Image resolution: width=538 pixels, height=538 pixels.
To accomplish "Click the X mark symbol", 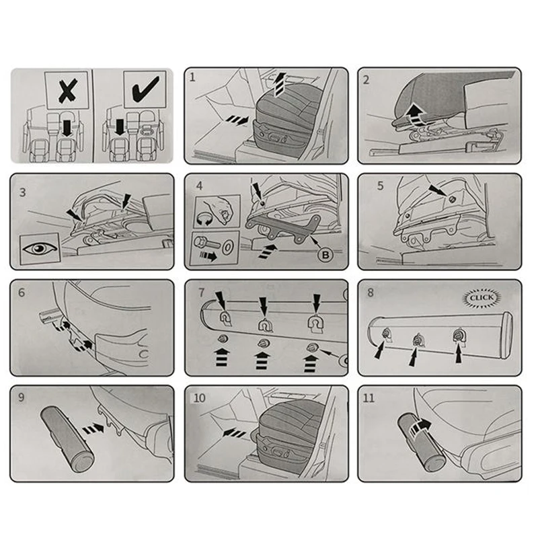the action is [68, 91].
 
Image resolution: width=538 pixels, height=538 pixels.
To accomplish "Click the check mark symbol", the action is [145, 89].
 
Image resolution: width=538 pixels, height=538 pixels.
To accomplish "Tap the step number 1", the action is [192, 77].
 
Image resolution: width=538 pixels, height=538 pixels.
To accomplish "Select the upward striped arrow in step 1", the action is [280, 85].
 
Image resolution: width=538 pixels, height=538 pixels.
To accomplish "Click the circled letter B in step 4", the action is [325, 255].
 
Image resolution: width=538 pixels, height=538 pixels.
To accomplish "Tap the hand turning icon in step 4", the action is [217, 213].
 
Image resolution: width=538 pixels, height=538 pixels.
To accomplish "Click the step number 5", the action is [380, 186].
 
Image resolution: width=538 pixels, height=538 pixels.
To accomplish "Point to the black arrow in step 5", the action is [438, 191].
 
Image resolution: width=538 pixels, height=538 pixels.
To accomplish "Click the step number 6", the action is [22, 293].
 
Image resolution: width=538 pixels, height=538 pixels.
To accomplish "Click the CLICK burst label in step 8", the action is [482, 297].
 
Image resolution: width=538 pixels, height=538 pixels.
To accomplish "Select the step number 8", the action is [371, 293].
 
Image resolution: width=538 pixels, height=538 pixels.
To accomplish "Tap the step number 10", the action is [199, 398].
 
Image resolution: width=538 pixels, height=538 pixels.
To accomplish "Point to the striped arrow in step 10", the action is [234, 432].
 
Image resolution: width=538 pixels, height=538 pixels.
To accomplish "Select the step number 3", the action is [23, 192].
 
